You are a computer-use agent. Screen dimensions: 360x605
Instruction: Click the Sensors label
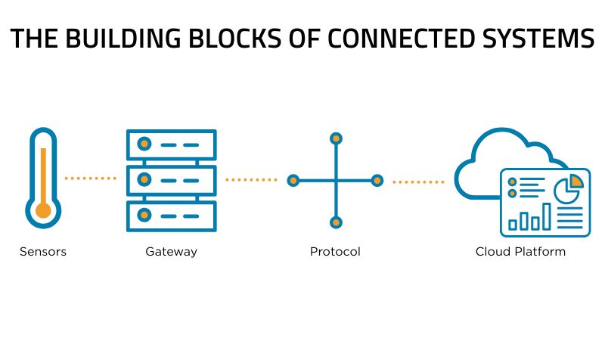[x=43, y=252]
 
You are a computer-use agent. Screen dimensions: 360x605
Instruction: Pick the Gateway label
[x=171, y=252]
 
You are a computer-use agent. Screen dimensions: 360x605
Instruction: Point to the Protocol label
[x=335, y=252]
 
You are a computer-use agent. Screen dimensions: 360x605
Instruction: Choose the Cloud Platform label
[x=520, y=252]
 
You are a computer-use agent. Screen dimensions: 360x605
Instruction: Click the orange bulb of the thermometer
[x=43, y=209]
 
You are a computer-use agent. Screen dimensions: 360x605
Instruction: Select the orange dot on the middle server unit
[x=144, y=180]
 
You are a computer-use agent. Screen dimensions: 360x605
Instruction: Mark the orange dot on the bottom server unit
[x=144, y=216]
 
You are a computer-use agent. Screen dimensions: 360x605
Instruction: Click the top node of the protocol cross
[x=336, y=138]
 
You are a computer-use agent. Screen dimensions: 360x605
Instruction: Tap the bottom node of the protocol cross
[x=336, y=222]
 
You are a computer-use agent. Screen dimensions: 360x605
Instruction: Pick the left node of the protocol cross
[x=293, y=181]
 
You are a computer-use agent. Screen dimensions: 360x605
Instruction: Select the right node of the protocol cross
[x=377, y=181]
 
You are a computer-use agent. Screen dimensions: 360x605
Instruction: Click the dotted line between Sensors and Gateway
[x=91, y=178]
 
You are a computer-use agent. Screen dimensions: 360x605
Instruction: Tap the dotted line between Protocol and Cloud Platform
[x=418, y=182]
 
